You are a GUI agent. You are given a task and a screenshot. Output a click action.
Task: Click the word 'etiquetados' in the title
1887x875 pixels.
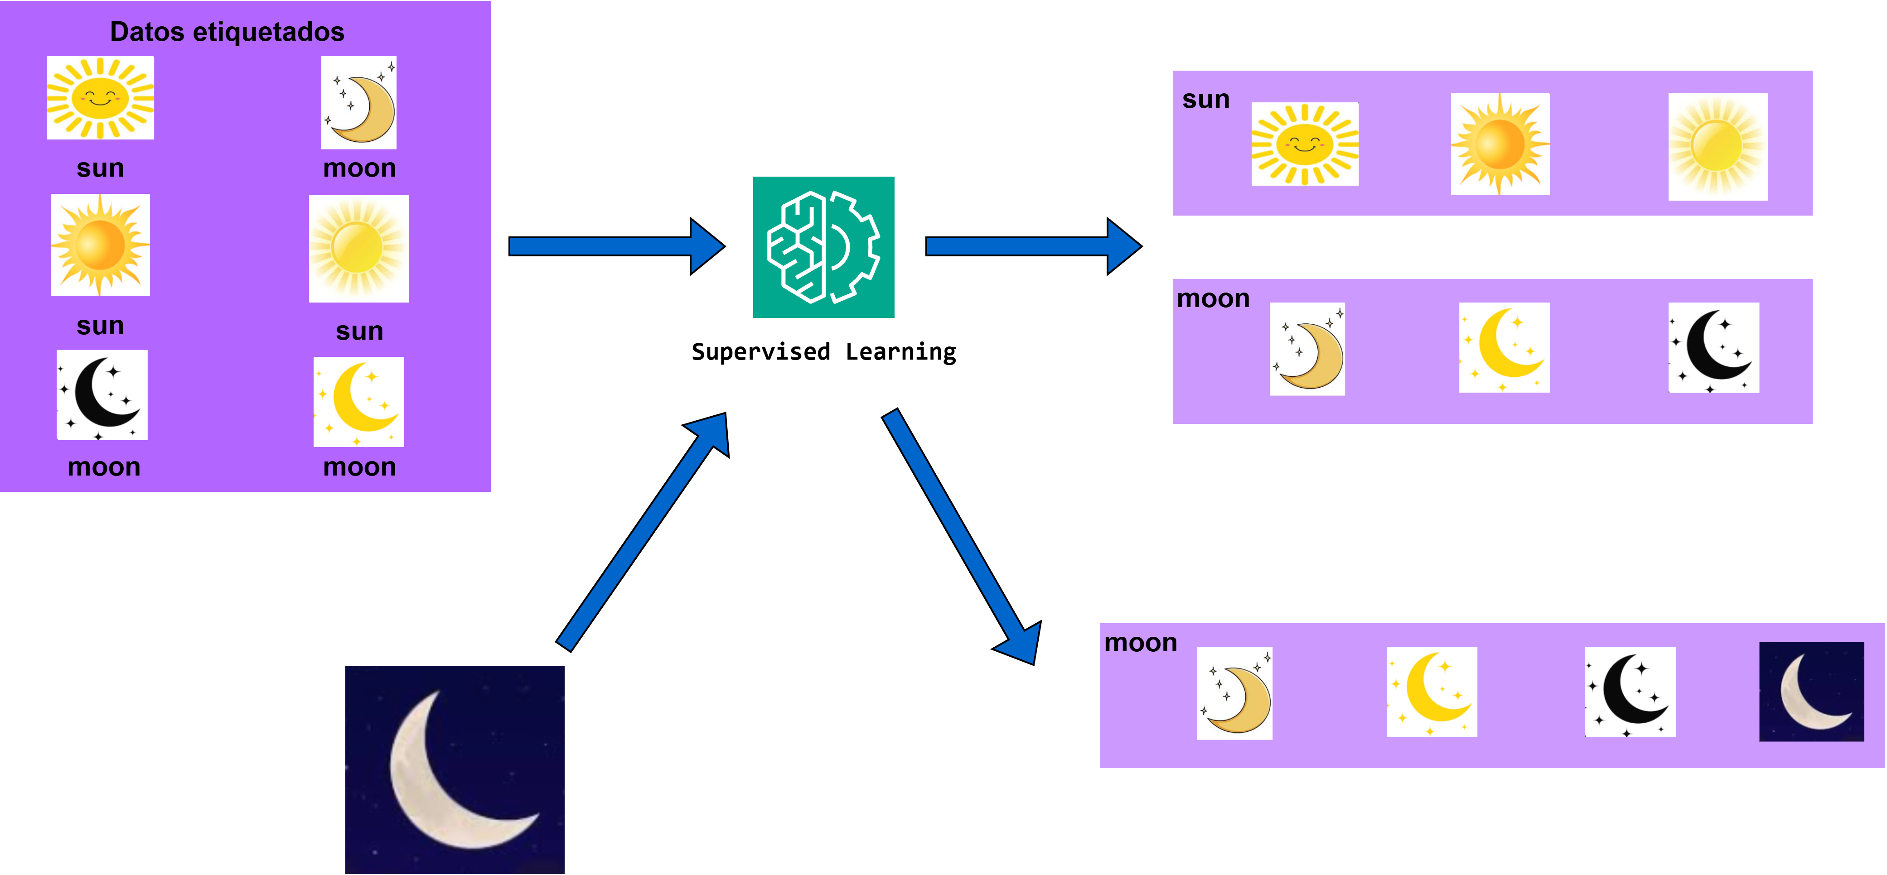click(268, 32)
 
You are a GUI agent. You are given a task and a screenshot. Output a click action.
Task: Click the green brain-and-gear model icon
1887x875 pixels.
click(823, 247)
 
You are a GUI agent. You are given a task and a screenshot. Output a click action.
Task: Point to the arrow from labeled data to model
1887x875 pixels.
click(615, 247)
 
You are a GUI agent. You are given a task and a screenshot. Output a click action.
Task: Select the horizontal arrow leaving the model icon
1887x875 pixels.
click(1032, 247)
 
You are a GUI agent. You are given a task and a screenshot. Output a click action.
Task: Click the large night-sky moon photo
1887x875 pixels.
click(455, 769)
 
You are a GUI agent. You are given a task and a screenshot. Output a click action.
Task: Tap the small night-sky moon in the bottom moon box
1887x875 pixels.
click(1811, 692)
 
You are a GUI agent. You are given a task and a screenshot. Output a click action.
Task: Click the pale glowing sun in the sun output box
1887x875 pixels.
click(1718, 146)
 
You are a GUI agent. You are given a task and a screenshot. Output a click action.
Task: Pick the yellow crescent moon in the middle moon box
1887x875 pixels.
click(1504, 347)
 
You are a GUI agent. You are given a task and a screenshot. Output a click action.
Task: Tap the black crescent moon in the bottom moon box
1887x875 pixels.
click(1630, 692)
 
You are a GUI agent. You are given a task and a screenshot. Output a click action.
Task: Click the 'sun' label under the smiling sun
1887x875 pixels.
click(100, 168)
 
